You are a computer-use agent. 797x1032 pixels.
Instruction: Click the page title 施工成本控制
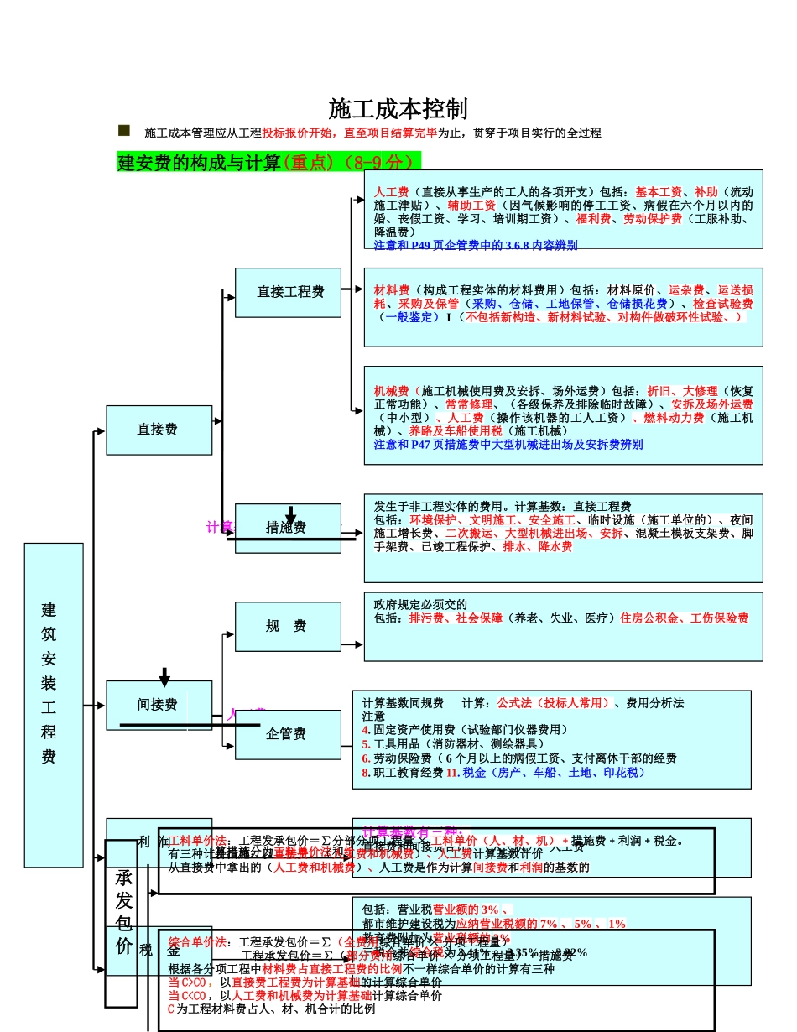coord(398,109)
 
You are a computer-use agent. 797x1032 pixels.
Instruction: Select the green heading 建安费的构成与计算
coord(200,163)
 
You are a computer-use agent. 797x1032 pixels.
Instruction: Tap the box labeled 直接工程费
coord(288,293)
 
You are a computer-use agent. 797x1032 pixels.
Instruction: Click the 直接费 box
coord(159,430)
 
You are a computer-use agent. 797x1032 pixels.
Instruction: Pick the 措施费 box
coord(288,528)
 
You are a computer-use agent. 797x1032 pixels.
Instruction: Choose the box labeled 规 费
coord(288,627)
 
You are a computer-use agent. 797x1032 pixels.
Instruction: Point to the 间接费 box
coord(159,705)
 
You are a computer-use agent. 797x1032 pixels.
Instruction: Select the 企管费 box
coord(288,734)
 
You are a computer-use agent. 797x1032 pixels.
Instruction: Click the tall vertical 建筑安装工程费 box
coord(54,705)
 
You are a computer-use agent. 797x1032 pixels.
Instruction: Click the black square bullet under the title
coord(124,131)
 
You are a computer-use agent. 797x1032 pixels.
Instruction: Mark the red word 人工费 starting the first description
coord(391,191)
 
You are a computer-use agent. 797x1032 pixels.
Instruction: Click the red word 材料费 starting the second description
coord(391,290)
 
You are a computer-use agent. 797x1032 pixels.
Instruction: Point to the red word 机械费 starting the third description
coord(391,391)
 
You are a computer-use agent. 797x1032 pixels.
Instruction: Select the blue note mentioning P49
coord(476,246)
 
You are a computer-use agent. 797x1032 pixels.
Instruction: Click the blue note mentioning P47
coord(508,445)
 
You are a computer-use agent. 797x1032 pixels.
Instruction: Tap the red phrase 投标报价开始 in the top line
coord(297,133)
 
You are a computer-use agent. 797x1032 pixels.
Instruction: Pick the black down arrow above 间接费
coord(164,677)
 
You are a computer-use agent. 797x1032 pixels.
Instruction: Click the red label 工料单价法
coord(197,841)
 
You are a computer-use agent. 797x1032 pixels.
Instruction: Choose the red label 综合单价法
coord(197,942)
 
